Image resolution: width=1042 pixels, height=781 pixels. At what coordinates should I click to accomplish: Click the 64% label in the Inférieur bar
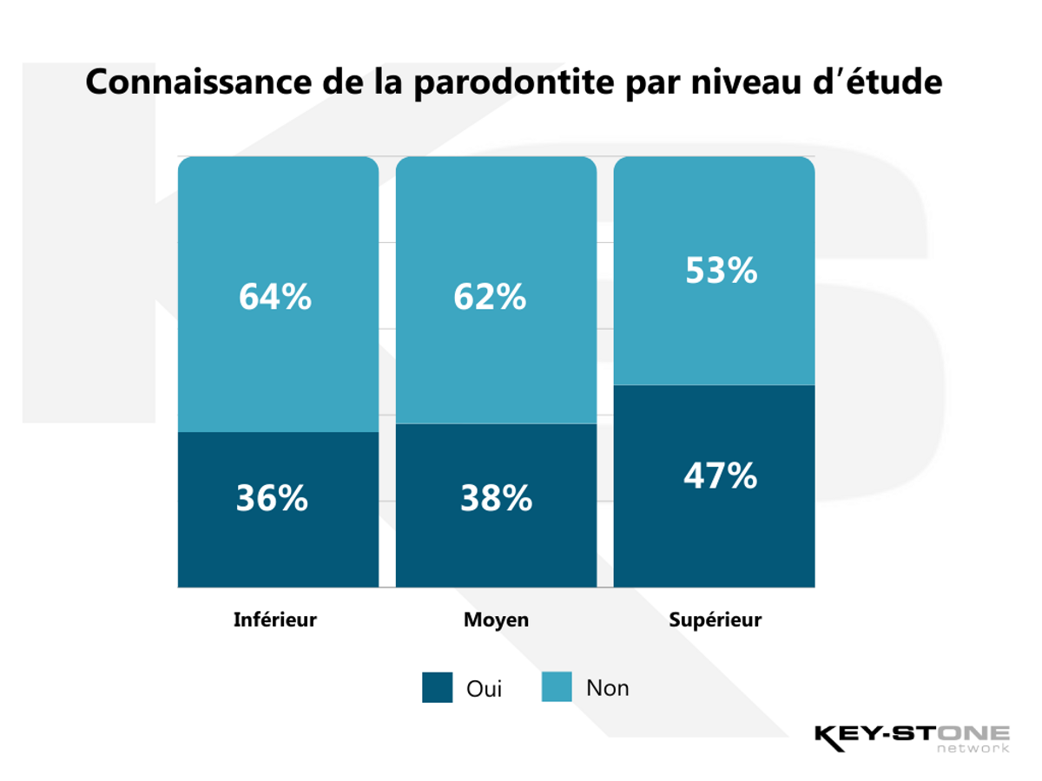[275, 297]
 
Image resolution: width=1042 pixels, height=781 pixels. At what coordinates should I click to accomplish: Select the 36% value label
[272, 498]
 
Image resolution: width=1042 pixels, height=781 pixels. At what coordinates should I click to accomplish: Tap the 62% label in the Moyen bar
[490, 297]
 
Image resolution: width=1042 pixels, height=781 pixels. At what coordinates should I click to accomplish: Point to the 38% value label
[496, 498]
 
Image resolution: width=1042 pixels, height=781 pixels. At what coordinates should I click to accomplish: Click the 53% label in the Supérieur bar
[721, 271]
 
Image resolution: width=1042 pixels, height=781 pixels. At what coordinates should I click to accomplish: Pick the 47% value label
[721, 476]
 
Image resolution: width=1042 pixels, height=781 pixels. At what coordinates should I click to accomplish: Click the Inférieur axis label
[275, 620]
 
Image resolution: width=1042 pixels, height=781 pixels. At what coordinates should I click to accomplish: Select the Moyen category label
[496, 620]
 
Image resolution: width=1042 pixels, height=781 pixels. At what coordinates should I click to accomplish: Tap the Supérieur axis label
[715, 620]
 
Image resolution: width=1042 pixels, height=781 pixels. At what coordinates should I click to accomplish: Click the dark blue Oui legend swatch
[438, 687]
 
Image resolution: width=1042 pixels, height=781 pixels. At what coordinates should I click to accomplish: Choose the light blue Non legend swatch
[557, 687]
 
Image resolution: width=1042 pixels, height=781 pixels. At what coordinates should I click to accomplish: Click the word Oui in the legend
[485, 689]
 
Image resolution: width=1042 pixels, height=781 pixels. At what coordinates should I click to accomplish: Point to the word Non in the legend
[608, 688]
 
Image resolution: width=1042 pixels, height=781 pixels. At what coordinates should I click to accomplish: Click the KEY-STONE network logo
[912, 738]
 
